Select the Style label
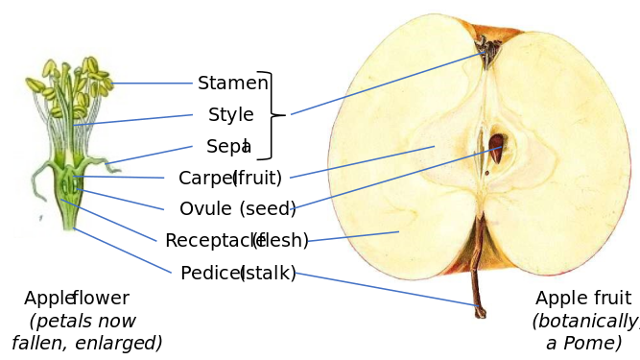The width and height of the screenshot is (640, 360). coord(231,115)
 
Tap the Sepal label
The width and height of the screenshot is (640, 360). coord(228,147)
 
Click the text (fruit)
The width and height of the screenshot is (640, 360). coord(258,179)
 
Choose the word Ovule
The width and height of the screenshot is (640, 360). coord(205,209)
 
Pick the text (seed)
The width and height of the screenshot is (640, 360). coord(268,209)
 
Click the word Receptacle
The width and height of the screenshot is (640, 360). coord(213,241)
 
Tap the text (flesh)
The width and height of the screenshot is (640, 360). coord(280,241)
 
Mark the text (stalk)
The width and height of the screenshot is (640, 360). coord(269,274)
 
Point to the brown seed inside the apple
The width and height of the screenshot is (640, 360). coord(496,147)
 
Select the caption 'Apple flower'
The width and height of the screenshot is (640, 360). coord(77,299)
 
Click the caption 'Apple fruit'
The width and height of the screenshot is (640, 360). coord(583,299)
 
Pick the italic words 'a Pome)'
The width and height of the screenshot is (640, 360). coord(584,343)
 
